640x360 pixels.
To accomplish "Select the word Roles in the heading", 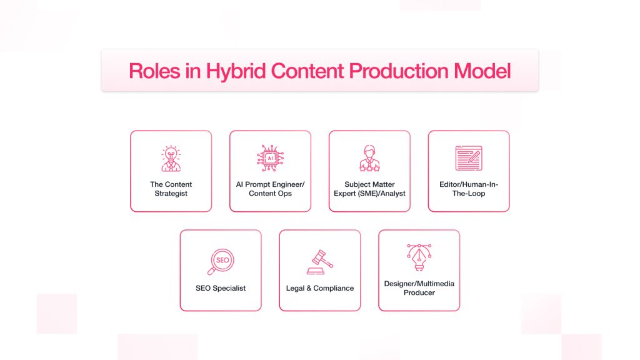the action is click(x=154, y=71).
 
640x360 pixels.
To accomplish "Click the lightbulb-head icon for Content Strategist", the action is click(x=171, y=158).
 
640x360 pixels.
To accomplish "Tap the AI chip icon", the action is click(x=270, y=158).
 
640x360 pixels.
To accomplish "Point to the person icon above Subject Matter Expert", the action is click(x=369, y=158).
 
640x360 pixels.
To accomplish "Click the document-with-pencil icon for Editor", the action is click(x=469, y=158).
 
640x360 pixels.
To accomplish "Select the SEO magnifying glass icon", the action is click(x=221, y=262).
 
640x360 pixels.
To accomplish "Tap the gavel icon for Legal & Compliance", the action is click(x=319, y=262).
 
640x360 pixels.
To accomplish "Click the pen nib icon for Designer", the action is click(x=419, y=257).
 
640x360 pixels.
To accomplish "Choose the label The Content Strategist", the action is click(x=171, y=189).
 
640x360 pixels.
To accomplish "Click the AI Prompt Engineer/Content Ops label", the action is click(x=270, y=189).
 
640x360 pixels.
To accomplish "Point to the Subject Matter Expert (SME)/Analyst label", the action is click(x=369, y=189).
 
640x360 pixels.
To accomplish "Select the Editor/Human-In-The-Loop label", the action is click(x=469, y=189).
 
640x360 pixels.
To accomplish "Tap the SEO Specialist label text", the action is click(x=221, y=288).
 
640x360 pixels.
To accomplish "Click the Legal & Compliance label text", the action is click(x=319, y=288).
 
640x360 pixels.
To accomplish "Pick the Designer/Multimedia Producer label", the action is click(x=419, y=288).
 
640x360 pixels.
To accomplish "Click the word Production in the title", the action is click(x=399, y=71).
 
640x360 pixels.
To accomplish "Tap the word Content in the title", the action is click(x=307, y=71).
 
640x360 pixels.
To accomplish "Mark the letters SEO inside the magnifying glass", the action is click(x=222, y=260).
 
